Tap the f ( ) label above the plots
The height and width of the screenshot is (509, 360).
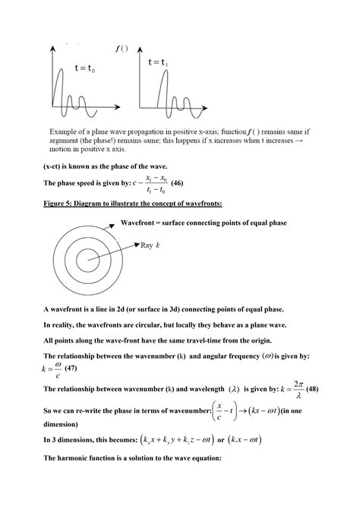click(x=122, y=49)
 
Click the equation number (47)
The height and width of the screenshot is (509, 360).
click(x=71, y=368)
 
